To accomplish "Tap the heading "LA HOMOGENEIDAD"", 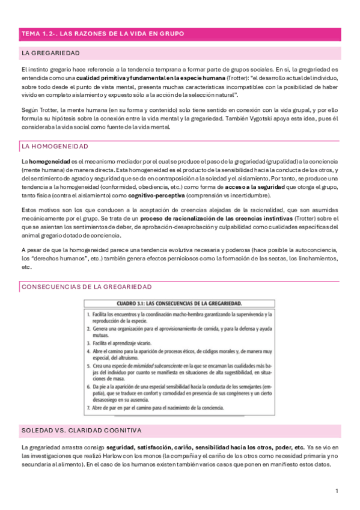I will click(55, 146).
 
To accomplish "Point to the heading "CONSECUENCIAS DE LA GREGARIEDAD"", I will click(87, 287).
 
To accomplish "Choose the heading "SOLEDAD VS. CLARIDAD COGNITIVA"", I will click(81, 431).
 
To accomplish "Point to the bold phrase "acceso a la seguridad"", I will click(257, 188).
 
